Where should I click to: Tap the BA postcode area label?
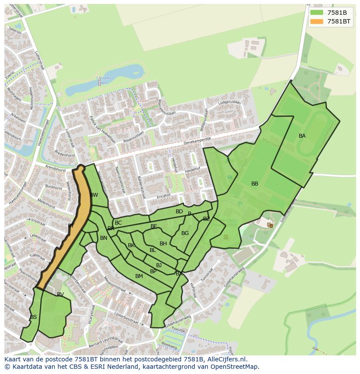coord(302,136)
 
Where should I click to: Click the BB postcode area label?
coord(255,184)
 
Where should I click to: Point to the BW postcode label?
coord(94,195)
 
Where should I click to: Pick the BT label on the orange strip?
coord(71,226)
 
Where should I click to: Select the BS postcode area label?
coord(33,317)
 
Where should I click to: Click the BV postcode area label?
coord(60,295)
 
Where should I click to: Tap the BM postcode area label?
coord(139,276)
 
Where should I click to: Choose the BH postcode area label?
coord(163,244)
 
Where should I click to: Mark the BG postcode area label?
coord(185,233)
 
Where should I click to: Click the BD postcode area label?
coord(179,212)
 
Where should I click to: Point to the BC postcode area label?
coord(118,223)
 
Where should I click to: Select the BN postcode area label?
coord(103,238)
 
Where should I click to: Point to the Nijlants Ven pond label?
coord(105,78)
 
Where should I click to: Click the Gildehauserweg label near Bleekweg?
coord(178,319)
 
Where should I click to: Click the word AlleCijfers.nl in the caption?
coord(226,359)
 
